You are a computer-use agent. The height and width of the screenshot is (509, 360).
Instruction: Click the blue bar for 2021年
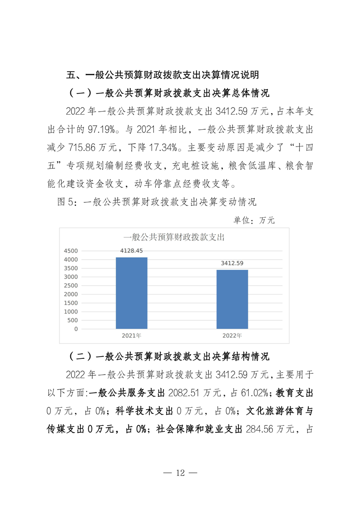[x=132, y=293]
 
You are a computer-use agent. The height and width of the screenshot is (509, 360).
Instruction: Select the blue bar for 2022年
[x=232, y=299]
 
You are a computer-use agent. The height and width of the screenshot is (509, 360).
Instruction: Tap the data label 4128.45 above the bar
[x=132, y=251]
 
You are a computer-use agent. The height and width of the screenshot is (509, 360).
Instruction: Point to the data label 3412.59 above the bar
[x=232, y=263]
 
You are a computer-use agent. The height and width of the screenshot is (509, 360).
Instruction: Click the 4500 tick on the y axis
[x=71, y=251]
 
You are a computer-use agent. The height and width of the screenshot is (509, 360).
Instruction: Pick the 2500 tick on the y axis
[x=71, y=286]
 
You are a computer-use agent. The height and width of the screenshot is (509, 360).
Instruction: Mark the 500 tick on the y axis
[x=73, y=320]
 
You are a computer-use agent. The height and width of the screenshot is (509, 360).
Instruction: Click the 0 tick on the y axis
[x=76, y=329]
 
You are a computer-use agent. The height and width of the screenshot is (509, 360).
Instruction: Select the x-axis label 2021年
[x=132, y=336]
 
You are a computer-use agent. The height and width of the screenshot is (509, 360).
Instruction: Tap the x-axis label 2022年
[x=232, y=336]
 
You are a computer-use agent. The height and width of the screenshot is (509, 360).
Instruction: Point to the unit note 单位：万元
[x=254, y=220]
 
